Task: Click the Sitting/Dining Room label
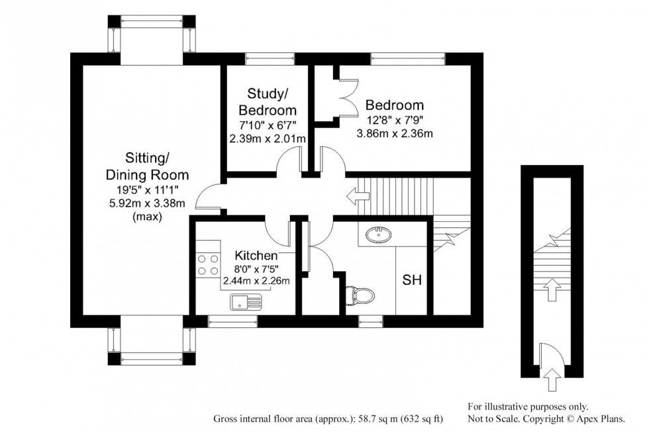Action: click(147, 166)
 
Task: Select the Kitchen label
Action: click(256, 255)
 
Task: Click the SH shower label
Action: click(412, 280)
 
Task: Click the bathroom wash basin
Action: click(378, 233)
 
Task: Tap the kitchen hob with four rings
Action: click(209, 265)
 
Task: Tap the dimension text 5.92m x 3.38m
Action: click(147, 203)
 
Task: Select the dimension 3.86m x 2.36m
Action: click(394, 134)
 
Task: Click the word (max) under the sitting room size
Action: click(147, 217)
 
